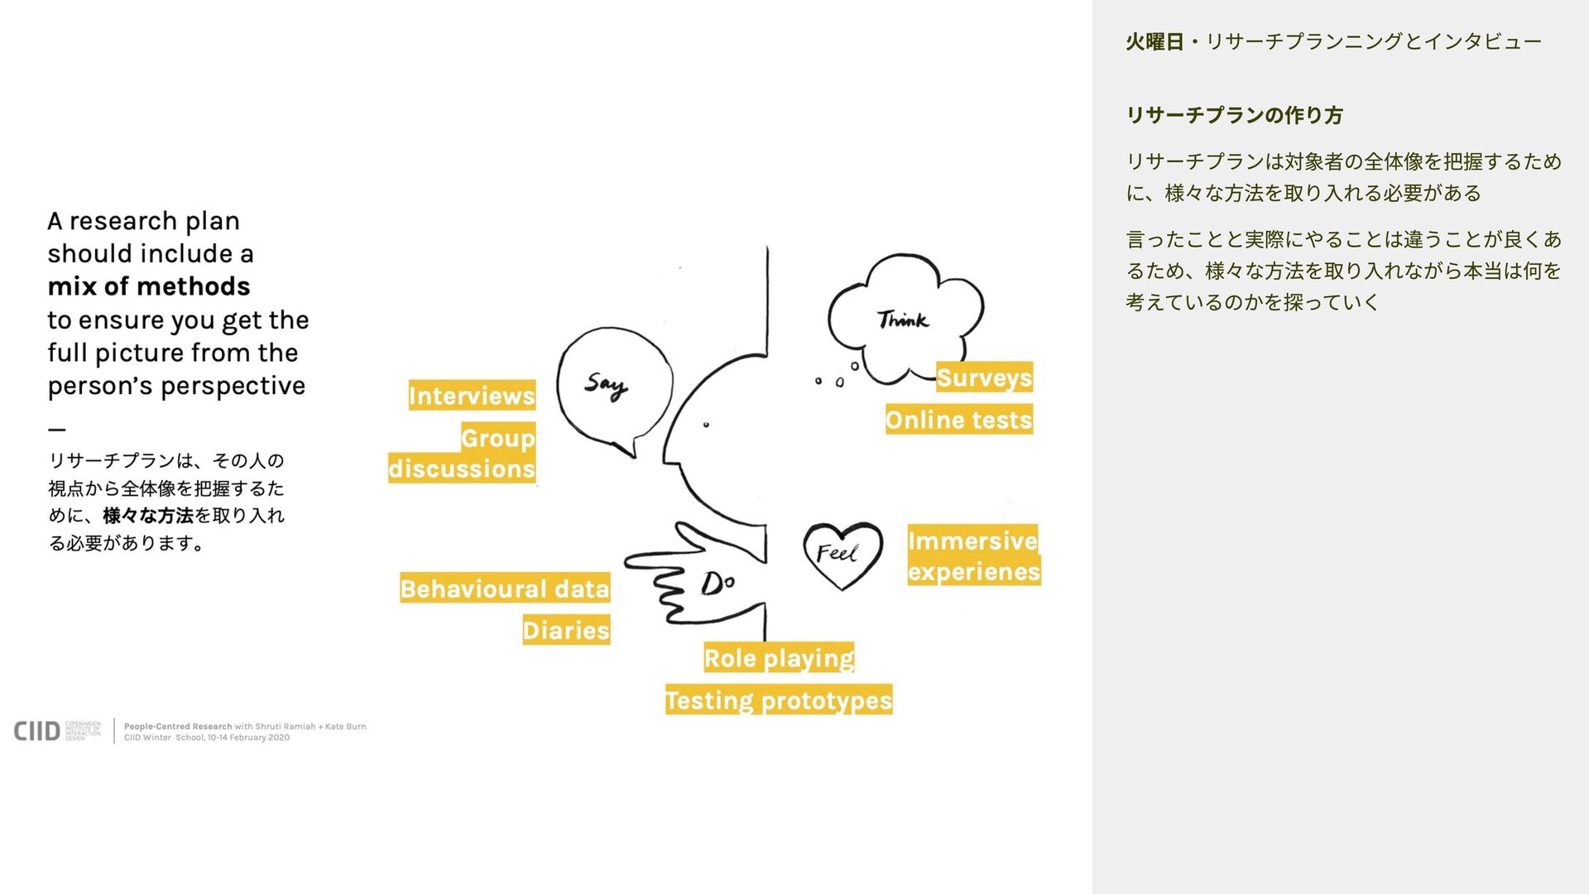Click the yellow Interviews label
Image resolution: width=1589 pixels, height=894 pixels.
coord(472,396)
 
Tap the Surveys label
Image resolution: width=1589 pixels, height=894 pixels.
coord(984,377)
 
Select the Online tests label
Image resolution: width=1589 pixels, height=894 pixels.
coord(958,420)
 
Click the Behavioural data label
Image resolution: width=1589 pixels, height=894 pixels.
coord(505,589)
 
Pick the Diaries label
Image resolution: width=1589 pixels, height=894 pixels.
coord(566,630)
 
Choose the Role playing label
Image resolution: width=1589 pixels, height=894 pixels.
coord(779,658)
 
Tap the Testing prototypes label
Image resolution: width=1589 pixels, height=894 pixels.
coord(779,700)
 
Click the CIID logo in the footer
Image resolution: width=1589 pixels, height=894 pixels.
coord(37,731)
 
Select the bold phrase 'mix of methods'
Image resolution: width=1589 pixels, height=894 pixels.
coord(149,286)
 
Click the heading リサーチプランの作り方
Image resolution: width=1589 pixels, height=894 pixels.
coord(1234,115)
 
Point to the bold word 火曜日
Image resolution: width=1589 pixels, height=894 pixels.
coord(1155,41)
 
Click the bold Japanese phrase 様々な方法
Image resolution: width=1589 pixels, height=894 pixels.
coord(148,516)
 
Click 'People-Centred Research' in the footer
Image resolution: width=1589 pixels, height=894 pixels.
coord(178,726)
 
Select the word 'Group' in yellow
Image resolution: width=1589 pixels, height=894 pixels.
coord(497,438)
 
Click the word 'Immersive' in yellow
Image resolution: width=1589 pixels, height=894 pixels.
coord(972,541)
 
